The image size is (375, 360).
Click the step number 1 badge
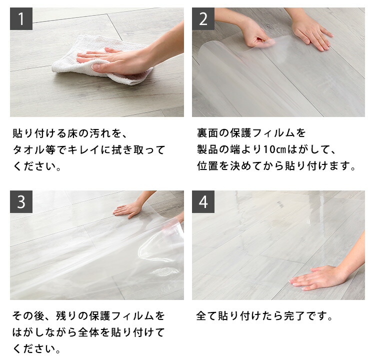pos(21,18)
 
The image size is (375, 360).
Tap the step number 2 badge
pos(203,18)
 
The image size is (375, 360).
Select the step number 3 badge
pos(21,201)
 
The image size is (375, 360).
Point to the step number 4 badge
pos(203,201)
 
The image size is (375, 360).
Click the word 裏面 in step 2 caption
pos(207,133)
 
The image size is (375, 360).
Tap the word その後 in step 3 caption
pos(28,315)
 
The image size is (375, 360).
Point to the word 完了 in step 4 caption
pos(294,315)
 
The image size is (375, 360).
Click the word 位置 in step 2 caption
pos(207,166)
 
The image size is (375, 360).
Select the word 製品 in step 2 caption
pos(207,149)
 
